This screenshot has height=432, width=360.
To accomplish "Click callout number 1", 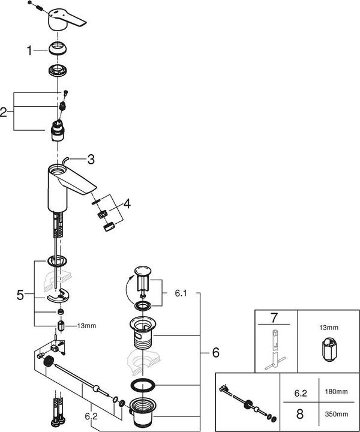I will (x=29, y=52).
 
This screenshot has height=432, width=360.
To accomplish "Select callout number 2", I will (x=5, y=112).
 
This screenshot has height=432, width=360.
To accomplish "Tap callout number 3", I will (x=91, y=160).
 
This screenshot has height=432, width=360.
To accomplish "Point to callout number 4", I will (x=127, y=204).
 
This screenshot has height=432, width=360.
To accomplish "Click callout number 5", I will (x=20, y=295).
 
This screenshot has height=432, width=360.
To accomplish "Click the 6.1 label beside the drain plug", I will (x=181, y=294).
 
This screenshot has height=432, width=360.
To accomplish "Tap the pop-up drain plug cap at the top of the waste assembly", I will (x=143, y=272).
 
